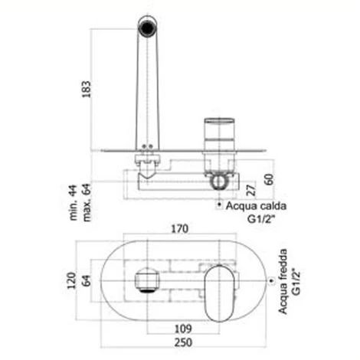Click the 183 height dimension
(x=87, y=89)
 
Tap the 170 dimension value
(x=180, y=229)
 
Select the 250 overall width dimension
(x=183, y=342)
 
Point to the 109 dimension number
(x=183, y=329)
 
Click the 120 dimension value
(x=72, y=280)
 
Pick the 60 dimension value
(x=269, y=179)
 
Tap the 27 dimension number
(x=251, y=190)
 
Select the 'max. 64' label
(x=87, y=202)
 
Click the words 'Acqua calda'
(x=256, y=206)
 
